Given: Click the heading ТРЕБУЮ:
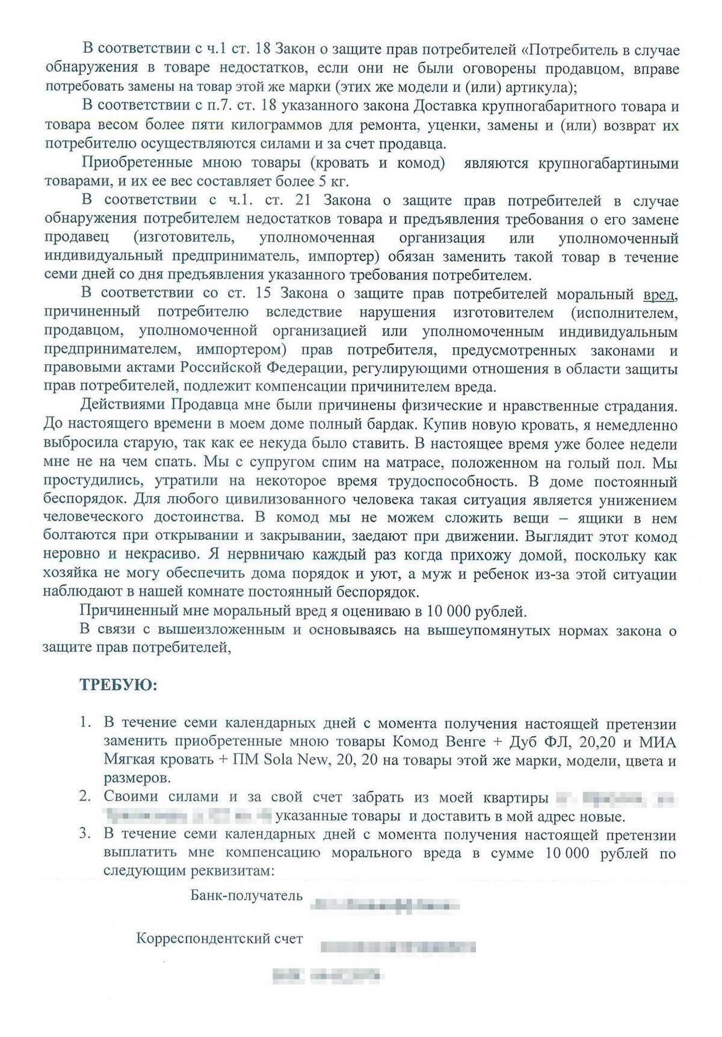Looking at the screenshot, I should coord(118,685).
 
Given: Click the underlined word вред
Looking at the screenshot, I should coord(660,295).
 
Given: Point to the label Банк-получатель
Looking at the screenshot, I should coord(246,895).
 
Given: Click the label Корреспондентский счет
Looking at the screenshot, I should coord(220,938).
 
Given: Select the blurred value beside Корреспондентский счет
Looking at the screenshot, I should coord(398,947).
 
